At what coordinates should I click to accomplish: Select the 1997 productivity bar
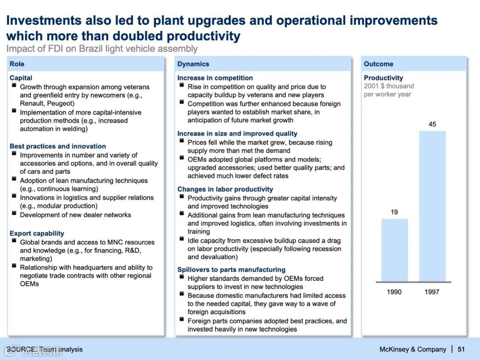tap(432, 206)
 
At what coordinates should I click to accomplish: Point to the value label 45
tap(432, 124)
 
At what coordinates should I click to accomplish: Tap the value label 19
tap(394, 212)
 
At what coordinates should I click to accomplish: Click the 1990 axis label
tap(394, 292)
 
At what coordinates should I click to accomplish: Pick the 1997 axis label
tap(432, 292)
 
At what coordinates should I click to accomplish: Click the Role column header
tap(17, 64)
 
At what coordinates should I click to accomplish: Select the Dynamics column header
tap(193, 64)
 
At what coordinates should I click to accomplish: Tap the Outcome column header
tap(378, 64)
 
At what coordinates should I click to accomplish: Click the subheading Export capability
tap(37, 233)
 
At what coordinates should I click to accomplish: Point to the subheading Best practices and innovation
tap(58, 146)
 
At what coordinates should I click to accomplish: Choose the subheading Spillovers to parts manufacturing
tap(231, 269)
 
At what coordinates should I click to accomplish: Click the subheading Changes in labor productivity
tap(225, 189)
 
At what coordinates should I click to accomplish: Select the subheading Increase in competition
tap(215, 78)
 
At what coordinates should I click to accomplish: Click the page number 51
tap(461, 349)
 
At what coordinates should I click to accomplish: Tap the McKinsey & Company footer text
tap(412, 349)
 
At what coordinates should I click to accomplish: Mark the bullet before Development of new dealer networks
tap(14, 214)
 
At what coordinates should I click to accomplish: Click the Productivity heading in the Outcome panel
tap(383, 78)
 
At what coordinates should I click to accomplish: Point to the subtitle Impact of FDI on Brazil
tap(102, 48)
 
